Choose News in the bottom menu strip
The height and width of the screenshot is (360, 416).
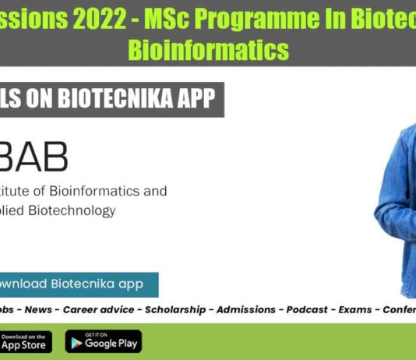(38, 309)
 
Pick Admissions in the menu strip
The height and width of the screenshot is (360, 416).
(245, 309)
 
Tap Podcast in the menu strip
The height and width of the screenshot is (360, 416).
(307, 309)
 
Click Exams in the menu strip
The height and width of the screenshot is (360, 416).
(355, 309)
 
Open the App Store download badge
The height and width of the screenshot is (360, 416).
(25, 341)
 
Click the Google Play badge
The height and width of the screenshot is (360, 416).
(103, 341)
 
